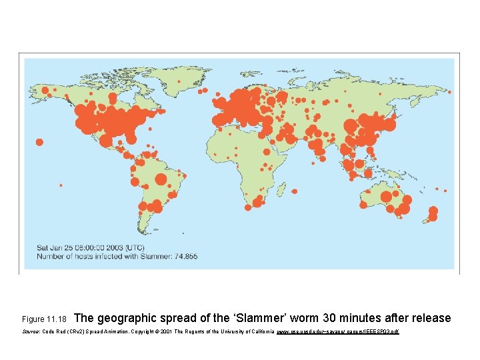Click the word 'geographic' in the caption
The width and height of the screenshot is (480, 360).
[130, 318]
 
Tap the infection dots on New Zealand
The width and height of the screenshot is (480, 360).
[433, 213]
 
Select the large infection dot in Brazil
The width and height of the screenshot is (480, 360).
[161, 179]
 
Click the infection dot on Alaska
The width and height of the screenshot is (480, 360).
[45, 90]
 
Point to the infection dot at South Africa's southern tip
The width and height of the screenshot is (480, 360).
[248, 207]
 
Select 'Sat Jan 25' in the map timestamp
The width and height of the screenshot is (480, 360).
[55, 247]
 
